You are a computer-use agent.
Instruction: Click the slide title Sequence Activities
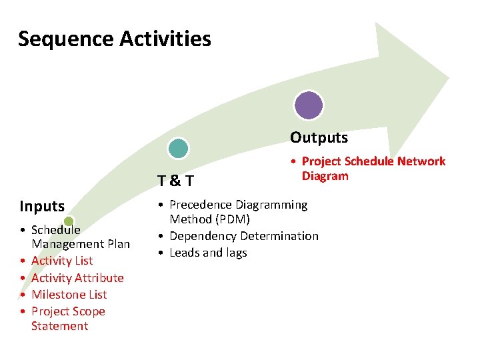pos(114,39)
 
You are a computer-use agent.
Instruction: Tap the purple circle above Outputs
pos(309,105)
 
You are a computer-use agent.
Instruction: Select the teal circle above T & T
pos(178,148)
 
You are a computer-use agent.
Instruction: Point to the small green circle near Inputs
pos(69,221)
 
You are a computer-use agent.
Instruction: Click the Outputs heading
pos(319,137)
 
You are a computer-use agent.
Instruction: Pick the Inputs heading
pos(42,206)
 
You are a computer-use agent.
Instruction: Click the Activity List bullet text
pos(62,261)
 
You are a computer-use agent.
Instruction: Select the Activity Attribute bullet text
pos(77,277)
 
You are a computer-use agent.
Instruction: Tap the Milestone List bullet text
pos(69,294)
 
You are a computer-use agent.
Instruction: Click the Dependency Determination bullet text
pos(244,236)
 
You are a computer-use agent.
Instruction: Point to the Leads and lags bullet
pos(208,253)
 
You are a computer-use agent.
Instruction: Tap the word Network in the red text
pos(421,161)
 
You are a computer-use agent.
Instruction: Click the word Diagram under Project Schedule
pos(325,176)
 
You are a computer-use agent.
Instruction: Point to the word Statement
pos(59,326)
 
